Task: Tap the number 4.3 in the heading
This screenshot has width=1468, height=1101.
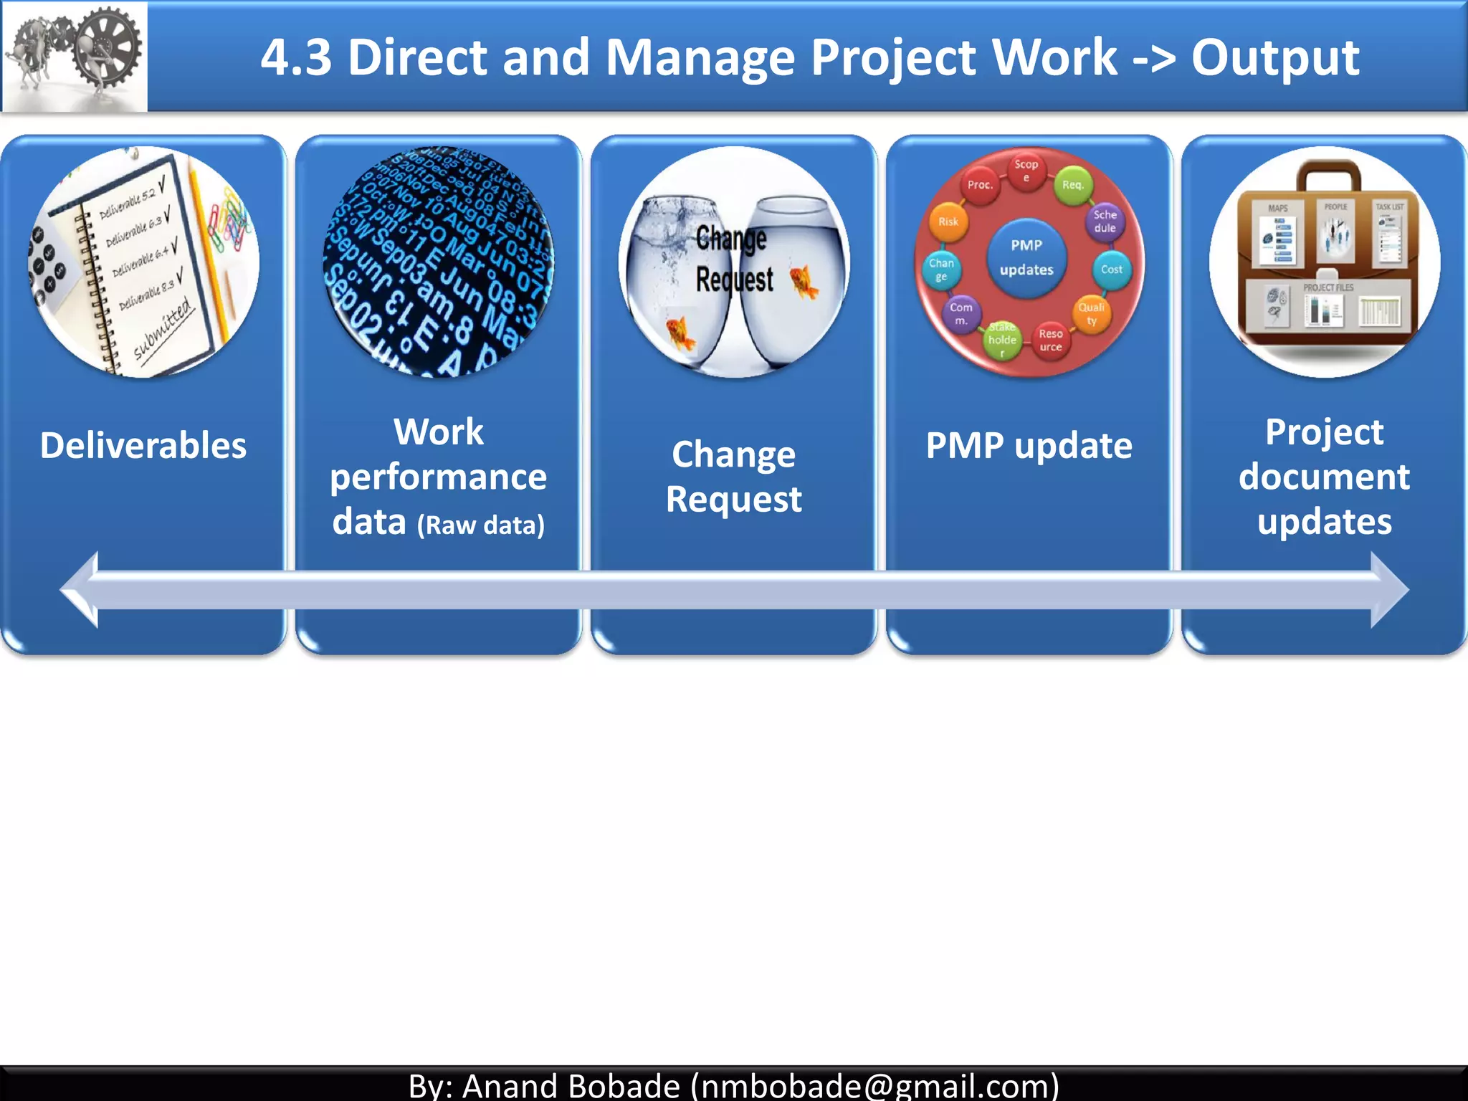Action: [x=296, y=57]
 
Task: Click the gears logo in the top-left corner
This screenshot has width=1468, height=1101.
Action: [x=74, y=56]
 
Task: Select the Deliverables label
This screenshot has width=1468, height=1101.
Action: [x=143, y=445]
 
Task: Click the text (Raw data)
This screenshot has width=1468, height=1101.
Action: [x=481, y=525]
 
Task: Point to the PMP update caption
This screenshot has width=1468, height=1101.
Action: [x=1029, y=445]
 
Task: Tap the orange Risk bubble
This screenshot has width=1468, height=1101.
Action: [x=948, y=222]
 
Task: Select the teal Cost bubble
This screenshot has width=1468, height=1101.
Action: [x=1111, y=270]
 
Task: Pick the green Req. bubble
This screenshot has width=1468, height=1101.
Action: [x=1072, y=185]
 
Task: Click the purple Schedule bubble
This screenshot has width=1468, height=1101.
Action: [x=1105, y=221]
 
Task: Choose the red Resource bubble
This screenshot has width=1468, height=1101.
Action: [x=1050, y=340]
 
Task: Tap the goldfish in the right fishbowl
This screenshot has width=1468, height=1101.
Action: [x=804, y=281]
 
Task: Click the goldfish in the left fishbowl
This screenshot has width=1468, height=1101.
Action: [x=680, y=334]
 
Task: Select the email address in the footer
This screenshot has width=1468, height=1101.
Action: [x=874, y=1085]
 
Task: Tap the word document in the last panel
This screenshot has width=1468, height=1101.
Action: [x=1324, y=477]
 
